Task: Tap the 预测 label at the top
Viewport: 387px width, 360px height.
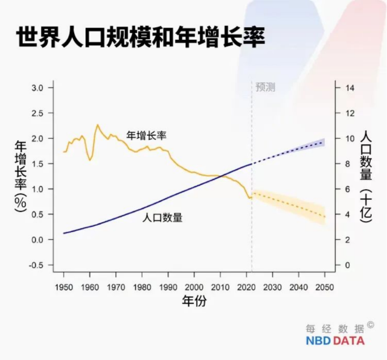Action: [x=265, y=87]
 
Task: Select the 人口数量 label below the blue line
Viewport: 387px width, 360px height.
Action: [x=162, y=217]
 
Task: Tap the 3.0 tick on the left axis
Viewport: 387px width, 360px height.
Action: [x=37, y=88]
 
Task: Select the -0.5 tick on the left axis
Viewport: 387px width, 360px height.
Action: [x=36, y=265]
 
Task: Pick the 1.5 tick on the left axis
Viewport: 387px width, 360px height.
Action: [x=37, y=164]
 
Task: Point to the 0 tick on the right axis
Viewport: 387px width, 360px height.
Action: [x=347, y=265]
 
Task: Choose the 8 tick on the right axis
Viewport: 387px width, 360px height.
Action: [x=347, y=164]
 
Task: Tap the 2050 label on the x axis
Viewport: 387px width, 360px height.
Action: [x=325, y=286]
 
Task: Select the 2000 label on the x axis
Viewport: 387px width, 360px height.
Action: [x=194, y=286]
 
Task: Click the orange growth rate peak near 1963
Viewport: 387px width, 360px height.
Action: [x=98, y=125]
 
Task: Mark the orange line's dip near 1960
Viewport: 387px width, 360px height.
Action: [x=90, y=160]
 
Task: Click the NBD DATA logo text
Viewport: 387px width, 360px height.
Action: [x=335, y=341]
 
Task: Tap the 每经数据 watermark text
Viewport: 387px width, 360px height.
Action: [x=335, y=329]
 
